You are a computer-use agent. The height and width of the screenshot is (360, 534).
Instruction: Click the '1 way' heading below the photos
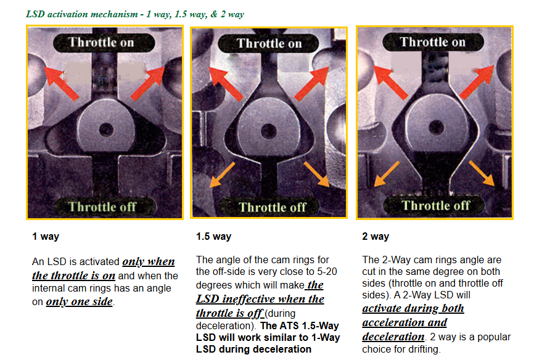click(x=46, y=236)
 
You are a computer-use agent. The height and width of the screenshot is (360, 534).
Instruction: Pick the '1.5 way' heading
click(x=213, y=236)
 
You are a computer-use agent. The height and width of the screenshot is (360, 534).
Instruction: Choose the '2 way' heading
click(x=376, y=236)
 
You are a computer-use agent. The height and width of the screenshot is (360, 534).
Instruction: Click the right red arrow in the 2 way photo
click(x=477, y=82)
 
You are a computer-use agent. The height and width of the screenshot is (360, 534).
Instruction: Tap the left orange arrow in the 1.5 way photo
click(x=222, y=174)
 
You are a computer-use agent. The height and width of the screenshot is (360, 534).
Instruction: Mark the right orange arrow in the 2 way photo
click(x=482, y=173)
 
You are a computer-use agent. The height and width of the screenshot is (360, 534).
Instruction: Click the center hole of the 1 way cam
click(x=106, y=129)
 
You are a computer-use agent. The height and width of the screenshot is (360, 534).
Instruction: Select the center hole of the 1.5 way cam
click(x=269, y=131)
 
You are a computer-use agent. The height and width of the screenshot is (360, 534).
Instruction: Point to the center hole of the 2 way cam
click(x=436, y=128)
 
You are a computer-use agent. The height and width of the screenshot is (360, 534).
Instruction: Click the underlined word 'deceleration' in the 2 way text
click(x=393, y=337)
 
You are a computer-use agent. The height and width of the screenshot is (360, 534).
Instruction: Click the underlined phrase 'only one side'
click(x=80, y=302)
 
